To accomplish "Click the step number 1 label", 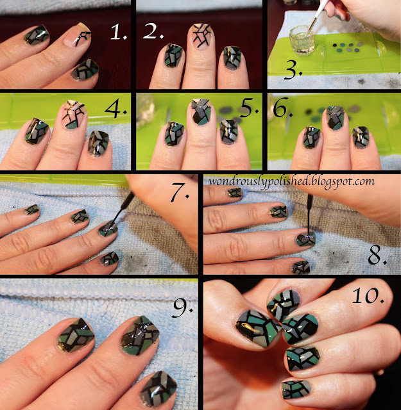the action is [x=119, y=33].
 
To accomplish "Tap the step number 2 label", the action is [x=153, y=31].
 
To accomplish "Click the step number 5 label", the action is [x=249, y=107].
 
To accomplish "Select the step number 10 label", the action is [x=368, y=295].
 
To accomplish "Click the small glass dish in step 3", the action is [x=302, y=40].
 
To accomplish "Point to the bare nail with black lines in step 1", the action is [x=78, y=35].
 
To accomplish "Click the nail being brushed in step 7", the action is [x=108, y=228].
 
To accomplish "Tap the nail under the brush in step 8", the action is [x=305, y=238].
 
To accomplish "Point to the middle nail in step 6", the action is [x=335, y=118].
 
